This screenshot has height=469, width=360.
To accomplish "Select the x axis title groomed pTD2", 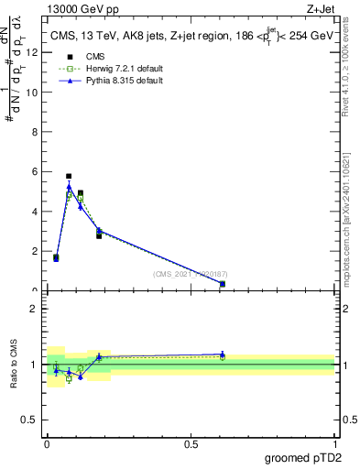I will point(304,457).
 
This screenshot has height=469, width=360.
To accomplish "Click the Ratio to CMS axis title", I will point(15,365).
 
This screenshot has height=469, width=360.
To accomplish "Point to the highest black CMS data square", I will point(69,176).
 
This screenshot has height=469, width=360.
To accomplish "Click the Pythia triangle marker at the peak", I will point(69,187).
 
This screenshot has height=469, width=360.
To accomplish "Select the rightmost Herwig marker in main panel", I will point(223,284).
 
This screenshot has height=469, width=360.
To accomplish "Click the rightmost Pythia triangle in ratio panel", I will point(223,354).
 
